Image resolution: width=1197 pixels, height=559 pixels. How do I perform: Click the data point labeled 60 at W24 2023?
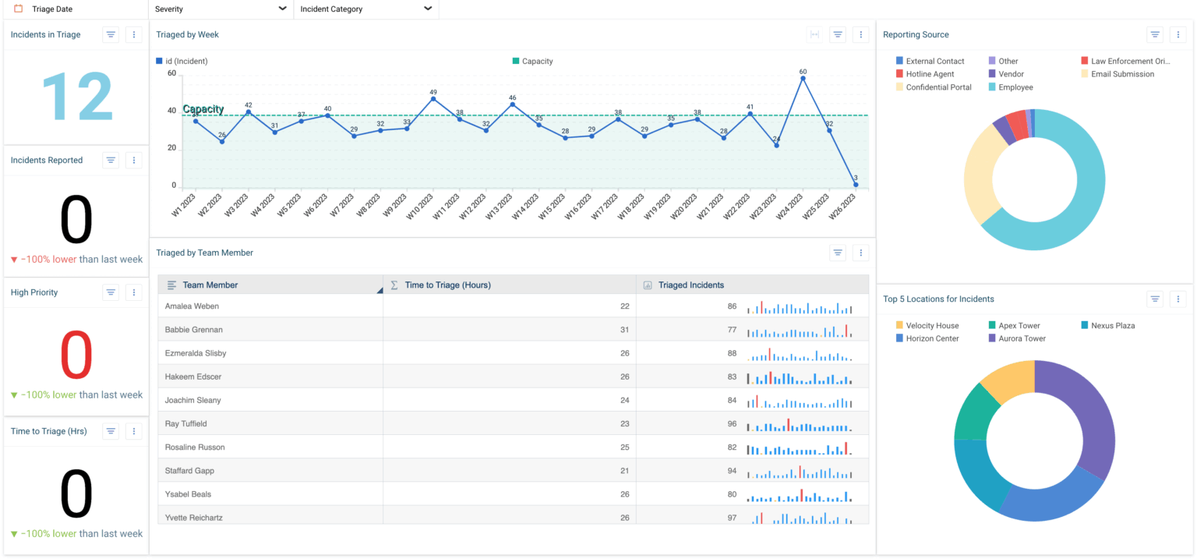point(803,78)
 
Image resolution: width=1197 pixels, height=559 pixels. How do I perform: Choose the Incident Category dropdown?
point(365,9)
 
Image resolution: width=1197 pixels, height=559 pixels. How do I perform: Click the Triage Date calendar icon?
point(19,9)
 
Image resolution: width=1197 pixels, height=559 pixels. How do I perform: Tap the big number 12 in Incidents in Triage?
point(76,97)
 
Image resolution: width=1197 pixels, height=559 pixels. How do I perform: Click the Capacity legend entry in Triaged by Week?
point(536,61)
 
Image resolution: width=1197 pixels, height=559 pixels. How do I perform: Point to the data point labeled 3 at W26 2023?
point(856,185)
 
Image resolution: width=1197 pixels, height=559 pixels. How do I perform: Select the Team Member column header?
point(210,285)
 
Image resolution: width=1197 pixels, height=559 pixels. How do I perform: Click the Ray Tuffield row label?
point(184,423)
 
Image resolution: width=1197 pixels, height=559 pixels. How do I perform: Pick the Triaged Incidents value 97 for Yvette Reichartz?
point(731,518)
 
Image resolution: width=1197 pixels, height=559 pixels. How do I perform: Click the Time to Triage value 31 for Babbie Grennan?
point(624,330)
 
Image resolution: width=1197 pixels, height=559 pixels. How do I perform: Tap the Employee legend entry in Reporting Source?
point(1015,87)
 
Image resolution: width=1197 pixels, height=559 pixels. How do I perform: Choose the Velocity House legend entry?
point(932,325)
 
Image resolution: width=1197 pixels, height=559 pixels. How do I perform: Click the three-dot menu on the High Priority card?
point(134,292)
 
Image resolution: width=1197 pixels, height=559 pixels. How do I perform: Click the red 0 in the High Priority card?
point(76,355)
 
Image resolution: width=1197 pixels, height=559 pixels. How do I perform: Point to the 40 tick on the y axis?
point(171,111)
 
